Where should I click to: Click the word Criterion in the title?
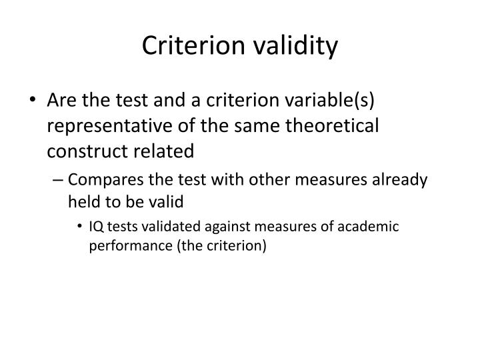pyautogui.click(x=195, y=45)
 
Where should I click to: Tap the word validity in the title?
pyautogui.click(x=297, y=45)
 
